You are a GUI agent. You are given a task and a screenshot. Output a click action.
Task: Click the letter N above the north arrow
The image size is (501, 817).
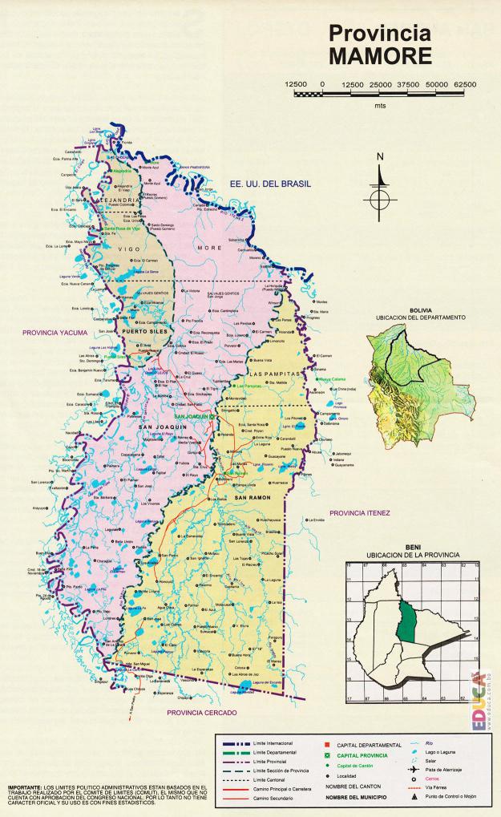click(x=381, y=156)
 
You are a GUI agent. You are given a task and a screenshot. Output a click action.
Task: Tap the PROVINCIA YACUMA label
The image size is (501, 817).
click(x=55, y=331)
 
